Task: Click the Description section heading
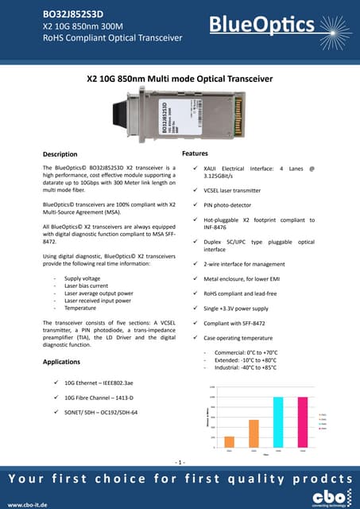pyautogui.click(x=60, y=153)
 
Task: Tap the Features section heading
pyautogui.click(x=195, y=152)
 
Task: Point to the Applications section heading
pyautogui.click(x=61, y=362)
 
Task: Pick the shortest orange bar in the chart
pyautogui.click(x=229, y=441)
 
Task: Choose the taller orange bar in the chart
pyautogui.click(x=254, y=433)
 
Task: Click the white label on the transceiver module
pyautogui.click(x=168, y=117)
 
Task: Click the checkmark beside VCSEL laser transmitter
pyautogui.click(x=196, y=191)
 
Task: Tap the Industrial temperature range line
pyautogui.click(x=242, y=367)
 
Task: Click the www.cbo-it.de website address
pyautogui.click(x=29, y=503)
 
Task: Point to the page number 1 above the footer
pyautogui.click(x=180, y=462)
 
